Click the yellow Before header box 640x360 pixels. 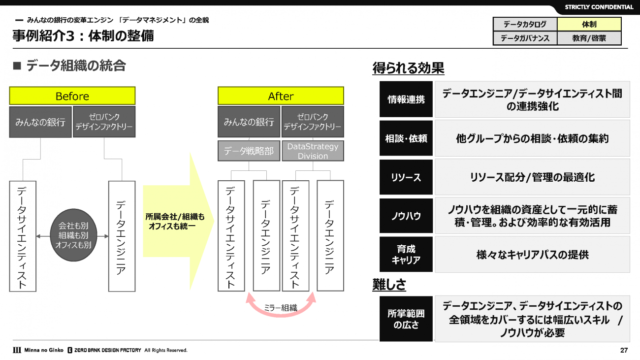[x=72, y=96]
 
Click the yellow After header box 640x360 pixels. [x=281, y=96]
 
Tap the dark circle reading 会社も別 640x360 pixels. [x=74, y=235]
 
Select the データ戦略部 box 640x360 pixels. [x=249, y=151]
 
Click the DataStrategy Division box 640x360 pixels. [x=313, y=151]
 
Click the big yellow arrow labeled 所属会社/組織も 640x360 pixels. [x=177, y=221]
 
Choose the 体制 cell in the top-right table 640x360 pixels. [x=589, y=24]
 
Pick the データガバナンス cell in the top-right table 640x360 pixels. [x=525, y=38]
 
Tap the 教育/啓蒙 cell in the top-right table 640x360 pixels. [x=589, y=38]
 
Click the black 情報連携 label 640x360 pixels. [x=406, y=99]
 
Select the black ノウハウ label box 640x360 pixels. [x=406, y=216]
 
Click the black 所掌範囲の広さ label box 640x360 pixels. [x=406, y=319]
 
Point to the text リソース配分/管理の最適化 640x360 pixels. [x=532, y=177]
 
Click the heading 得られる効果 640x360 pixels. [x=408, y=68]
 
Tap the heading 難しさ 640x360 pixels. [x=389, y=284]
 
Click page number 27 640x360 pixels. [x=624, y=351]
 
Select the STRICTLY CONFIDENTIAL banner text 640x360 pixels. [x=599, y=7]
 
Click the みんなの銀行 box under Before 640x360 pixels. [x=40, y=122]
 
